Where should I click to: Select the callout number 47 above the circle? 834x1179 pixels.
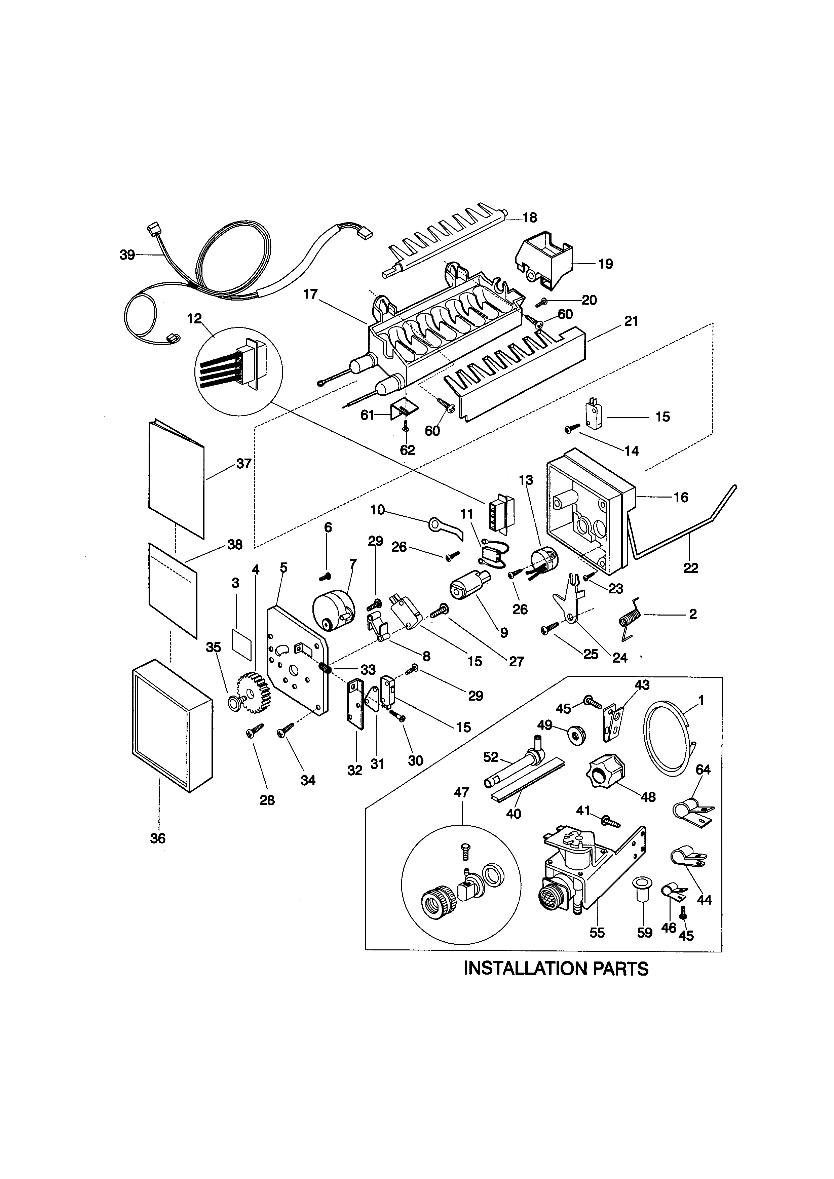click(x=461, y=792)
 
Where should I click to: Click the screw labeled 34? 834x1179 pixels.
click(x=285, y=730)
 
